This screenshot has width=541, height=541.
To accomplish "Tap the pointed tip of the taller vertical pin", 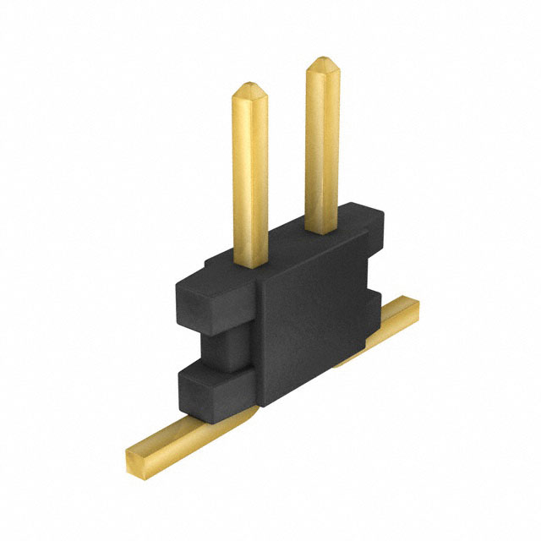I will coord(322,64).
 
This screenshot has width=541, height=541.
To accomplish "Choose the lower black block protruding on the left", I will coord(211,396).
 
